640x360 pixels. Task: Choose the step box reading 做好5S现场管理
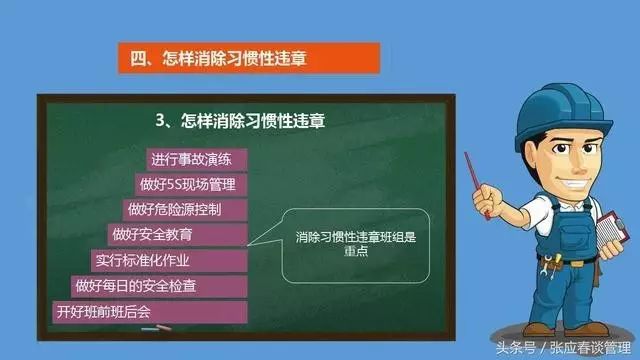coord(191,185)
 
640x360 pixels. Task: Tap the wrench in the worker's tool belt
coord(551,264)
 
